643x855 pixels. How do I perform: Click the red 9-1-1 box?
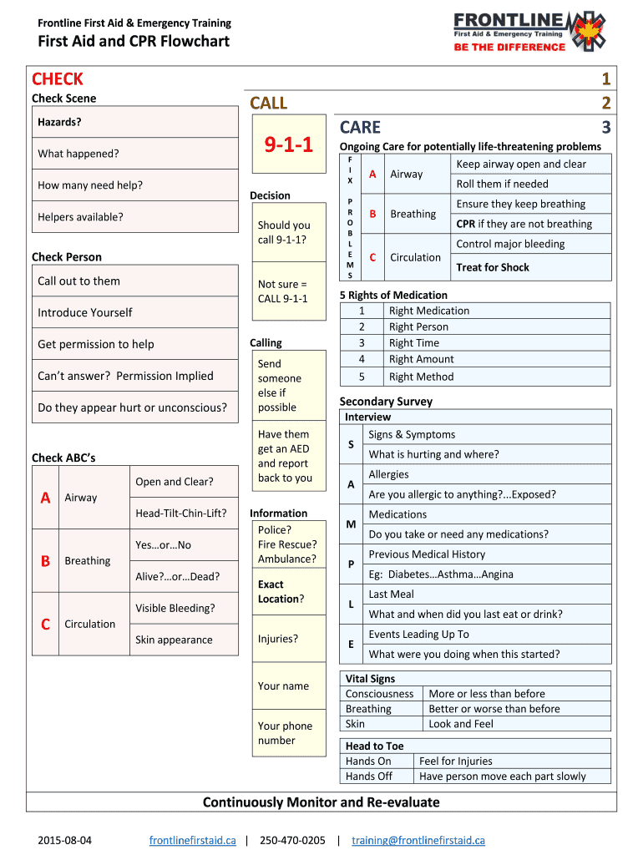click(288, 145)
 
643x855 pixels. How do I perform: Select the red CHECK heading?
click(58, 79)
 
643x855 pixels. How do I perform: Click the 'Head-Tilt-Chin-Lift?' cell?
click(181, 513)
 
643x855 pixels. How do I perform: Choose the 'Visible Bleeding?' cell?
click(175, 608)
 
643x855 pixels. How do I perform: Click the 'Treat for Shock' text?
click(493, 267)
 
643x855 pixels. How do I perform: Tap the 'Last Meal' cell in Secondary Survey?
click(392, 594)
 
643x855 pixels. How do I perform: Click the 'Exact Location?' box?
click(288, 592)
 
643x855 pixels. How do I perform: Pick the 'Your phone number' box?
click(288, 733)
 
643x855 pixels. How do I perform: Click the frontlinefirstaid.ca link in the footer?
click(193, 840)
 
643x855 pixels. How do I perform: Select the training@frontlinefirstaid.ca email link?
click(418, 840)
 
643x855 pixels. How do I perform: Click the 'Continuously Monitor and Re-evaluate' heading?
click(321, 802)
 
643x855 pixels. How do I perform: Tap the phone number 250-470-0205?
click(292, 840)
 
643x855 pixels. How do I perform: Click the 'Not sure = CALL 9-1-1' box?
click(288, 291)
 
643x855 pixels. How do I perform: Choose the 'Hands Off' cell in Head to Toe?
click(368, 777)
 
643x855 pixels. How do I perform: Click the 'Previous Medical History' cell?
click(427, 554)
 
